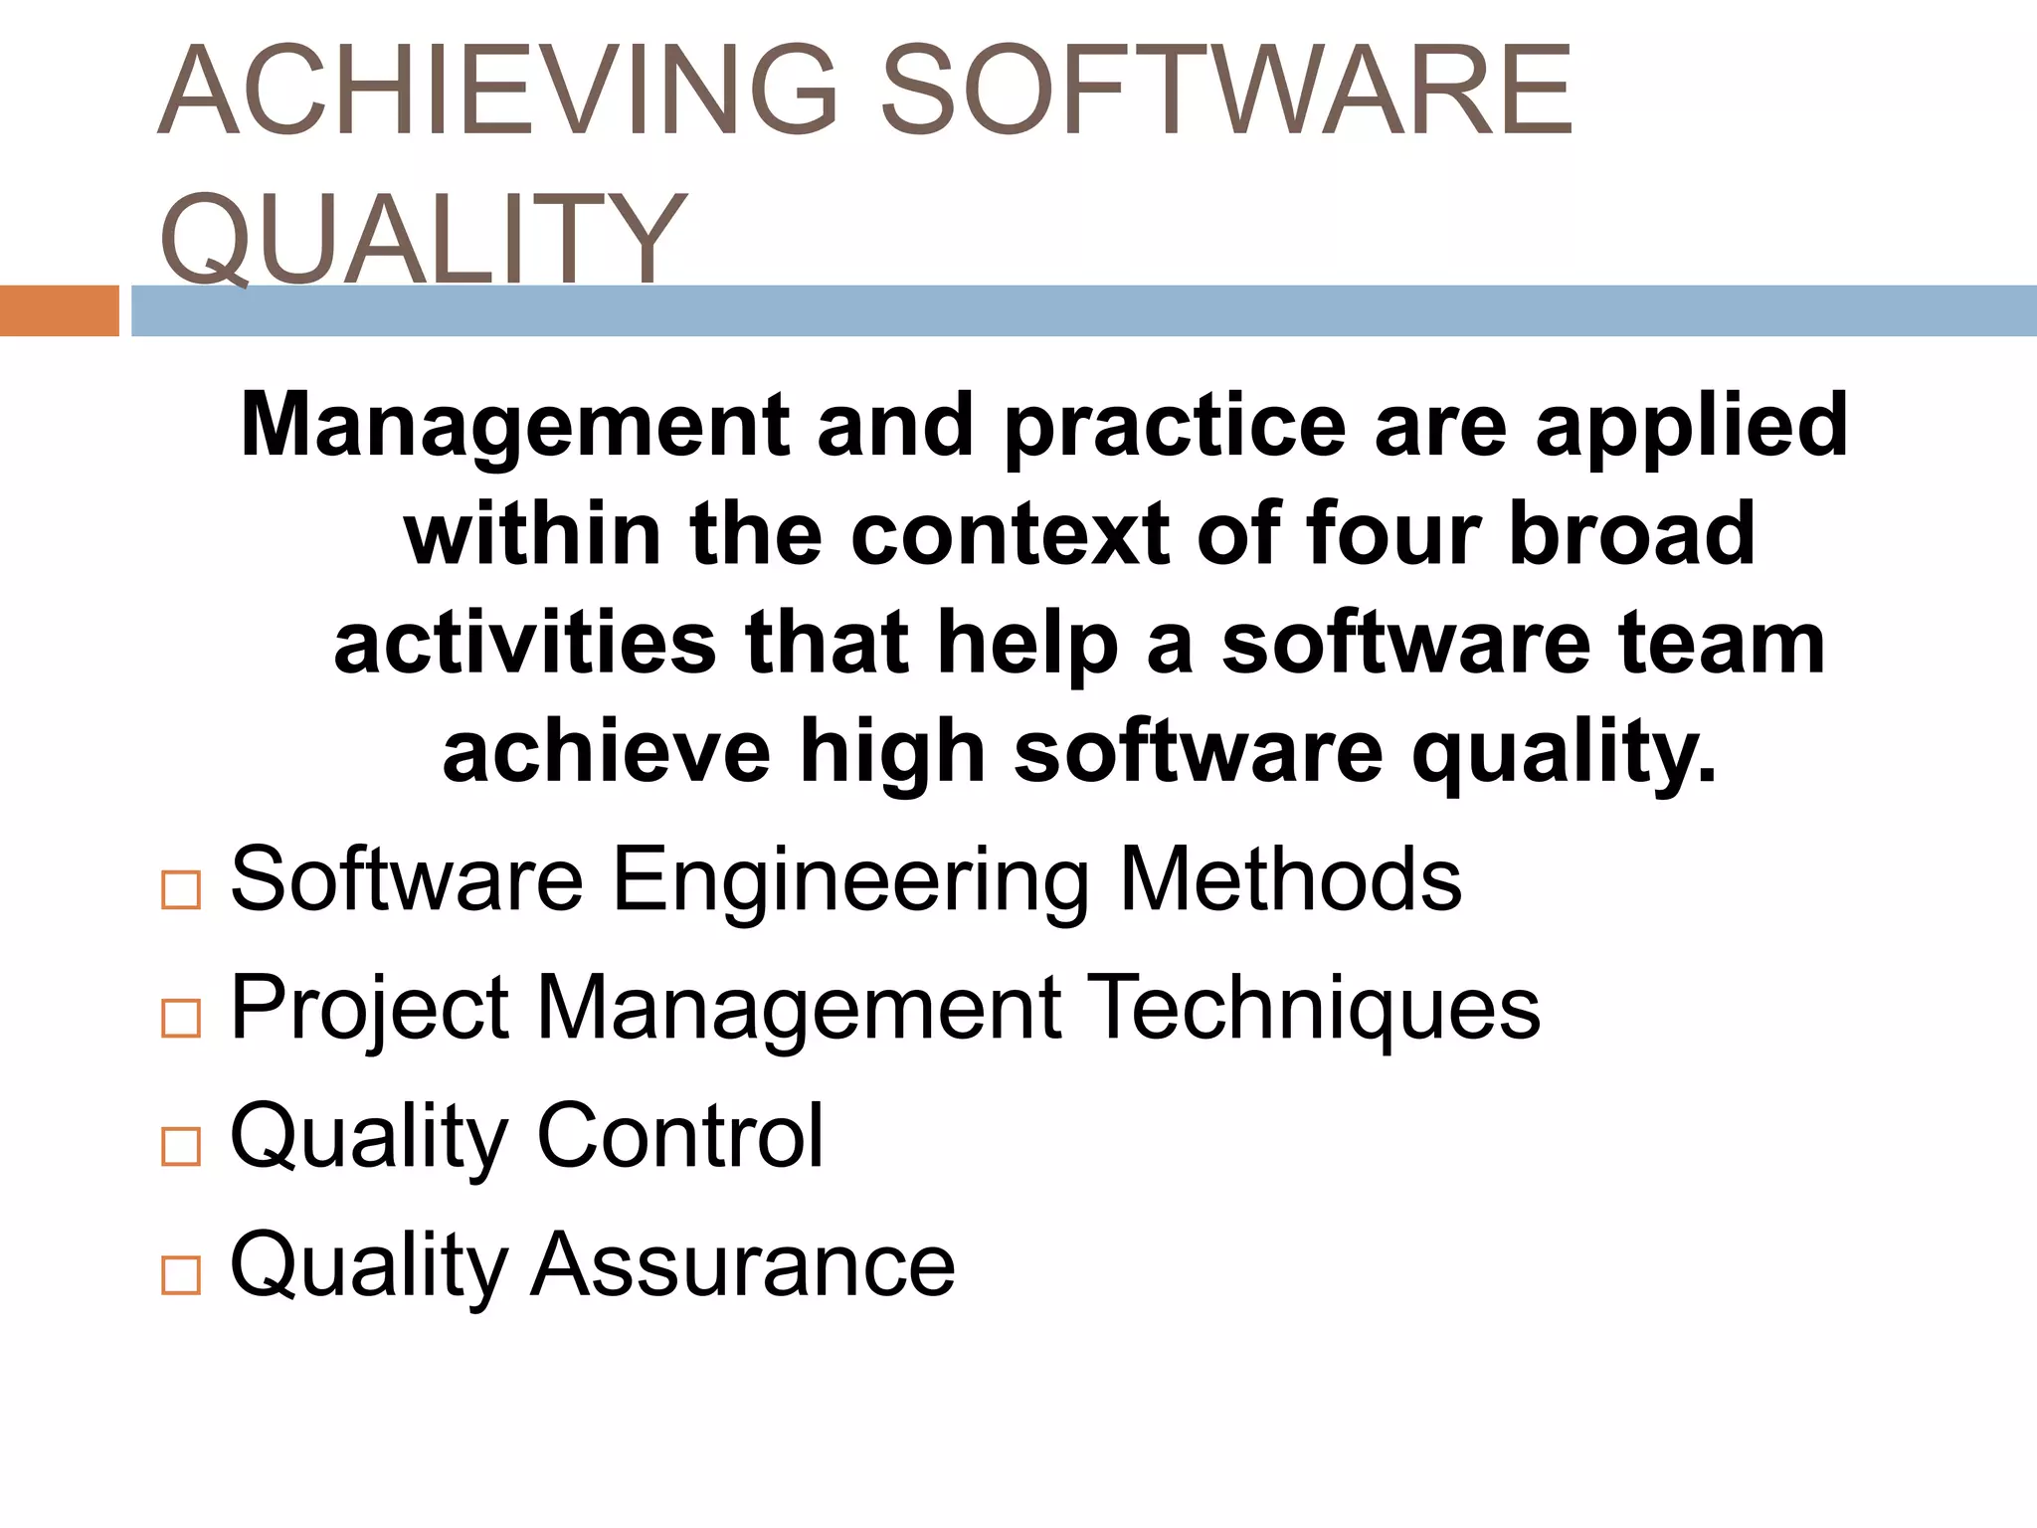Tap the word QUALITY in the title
tap(423, 239)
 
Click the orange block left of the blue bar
tap(59, 310)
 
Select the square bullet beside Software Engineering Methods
tap(180, 888)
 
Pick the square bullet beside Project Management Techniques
tap(180, 1018)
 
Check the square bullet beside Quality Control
tap(180, 1145)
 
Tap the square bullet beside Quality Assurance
tap(180, 1273)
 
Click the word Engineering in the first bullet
tap(851, 879)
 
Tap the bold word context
tap(1011, 534)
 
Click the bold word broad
tap(1632, 534)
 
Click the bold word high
tap(892, 753)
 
